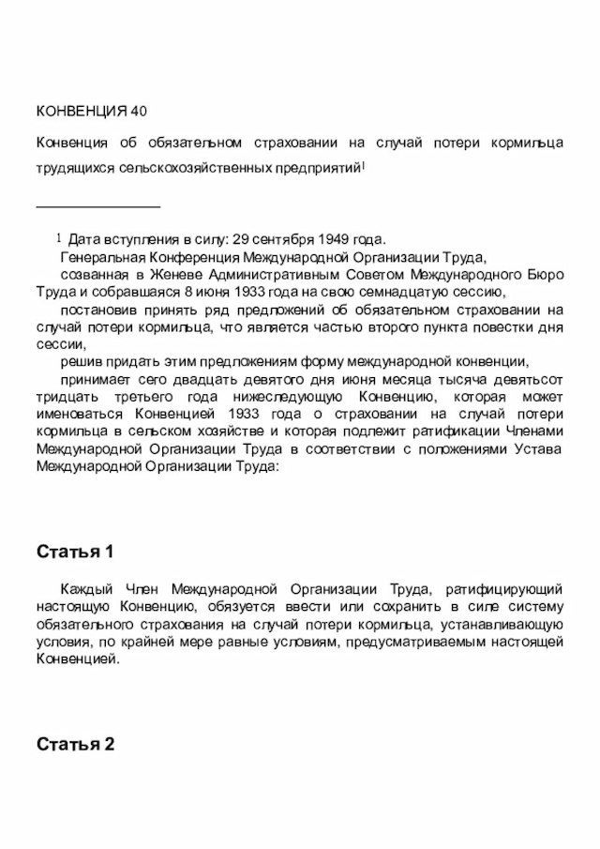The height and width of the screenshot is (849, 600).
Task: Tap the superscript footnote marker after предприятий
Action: [x=364, y=165]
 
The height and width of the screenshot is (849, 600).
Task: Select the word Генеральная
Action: [x=97, y=256]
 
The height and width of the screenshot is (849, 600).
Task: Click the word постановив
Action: [x=94, y=310]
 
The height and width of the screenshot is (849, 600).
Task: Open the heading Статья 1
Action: [x=75, y=551]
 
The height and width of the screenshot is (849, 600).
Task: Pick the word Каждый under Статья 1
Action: [x=85, y=589]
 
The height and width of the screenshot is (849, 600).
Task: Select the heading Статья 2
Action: [x=75, y=744]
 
